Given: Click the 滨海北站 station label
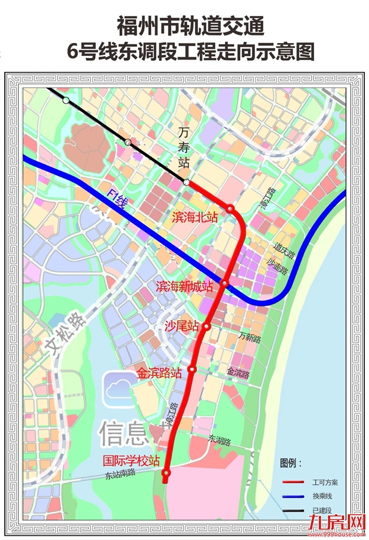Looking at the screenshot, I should coord(195,217).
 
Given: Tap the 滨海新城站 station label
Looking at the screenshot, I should coord(184,287).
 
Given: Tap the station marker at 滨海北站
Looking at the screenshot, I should coord(230,209).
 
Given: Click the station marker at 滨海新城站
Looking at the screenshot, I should coord(224,284).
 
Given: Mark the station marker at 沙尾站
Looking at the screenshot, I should coord(207,326).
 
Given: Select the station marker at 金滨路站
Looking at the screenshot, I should coord(192,370).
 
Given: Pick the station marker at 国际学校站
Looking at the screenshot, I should coord(166,472).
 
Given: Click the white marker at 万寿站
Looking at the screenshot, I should coord(187,183).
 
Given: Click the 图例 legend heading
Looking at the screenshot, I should coord(290,463).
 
